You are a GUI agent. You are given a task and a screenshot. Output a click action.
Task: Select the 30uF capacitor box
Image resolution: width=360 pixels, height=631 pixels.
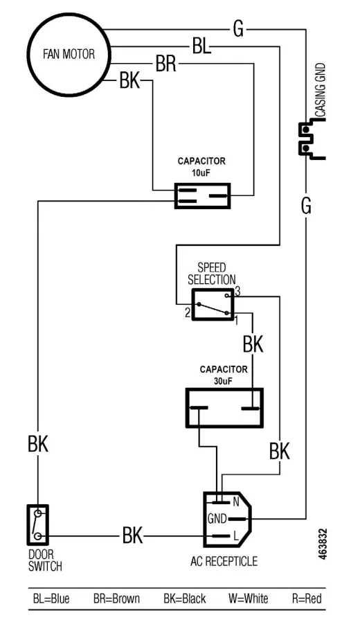224,407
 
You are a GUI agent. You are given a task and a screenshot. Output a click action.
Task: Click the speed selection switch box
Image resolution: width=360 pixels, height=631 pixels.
212,304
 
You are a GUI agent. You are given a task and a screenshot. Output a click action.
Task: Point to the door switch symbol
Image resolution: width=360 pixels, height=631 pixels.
39,524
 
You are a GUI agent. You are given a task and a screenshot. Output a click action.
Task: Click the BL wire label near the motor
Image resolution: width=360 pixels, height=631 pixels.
201,48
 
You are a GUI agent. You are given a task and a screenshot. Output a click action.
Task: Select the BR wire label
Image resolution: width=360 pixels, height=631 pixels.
165,65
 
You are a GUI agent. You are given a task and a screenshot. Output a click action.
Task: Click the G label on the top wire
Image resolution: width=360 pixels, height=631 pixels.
238,29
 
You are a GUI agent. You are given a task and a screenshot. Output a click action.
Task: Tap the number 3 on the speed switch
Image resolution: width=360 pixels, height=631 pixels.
237,292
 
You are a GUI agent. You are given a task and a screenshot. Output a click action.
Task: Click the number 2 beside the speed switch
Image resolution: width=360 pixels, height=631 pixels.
187,312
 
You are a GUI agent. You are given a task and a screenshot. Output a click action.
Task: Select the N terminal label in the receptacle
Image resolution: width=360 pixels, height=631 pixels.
236,501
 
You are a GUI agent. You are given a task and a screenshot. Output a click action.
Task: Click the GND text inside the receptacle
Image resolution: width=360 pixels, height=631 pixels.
217,518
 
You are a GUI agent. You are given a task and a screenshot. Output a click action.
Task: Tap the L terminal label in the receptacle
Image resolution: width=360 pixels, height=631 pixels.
236,535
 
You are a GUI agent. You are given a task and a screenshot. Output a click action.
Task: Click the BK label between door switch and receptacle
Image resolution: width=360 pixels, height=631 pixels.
132,535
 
